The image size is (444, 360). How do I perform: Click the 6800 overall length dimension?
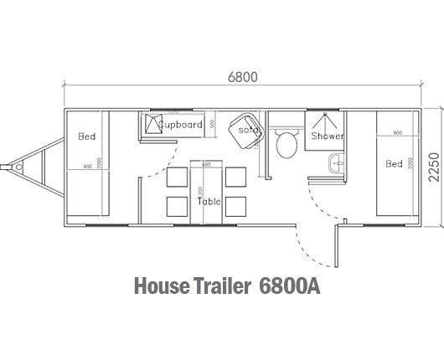tap(242, 76)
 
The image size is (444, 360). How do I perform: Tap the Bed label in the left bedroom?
tap(86, 136)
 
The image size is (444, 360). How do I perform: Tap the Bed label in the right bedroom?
tap(394, 163)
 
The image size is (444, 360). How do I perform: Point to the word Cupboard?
tap(180, 125)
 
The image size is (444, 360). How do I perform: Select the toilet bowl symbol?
tap(286, 144)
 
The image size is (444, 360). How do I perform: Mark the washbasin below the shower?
tap(336, 164)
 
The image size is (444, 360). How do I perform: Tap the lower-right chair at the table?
tap(236, 206)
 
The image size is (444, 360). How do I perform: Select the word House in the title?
tap(163, 285)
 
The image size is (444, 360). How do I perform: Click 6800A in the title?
tap(292, 285)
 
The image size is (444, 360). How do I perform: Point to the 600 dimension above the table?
tap(204, 165)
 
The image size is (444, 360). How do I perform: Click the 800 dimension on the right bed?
tap(396, 133)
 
